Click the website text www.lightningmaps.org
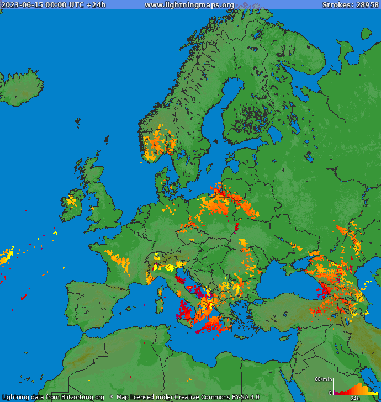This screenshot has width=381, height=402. coord(189,5)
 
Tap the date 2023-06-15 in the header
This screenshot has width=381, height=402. coord(20,5)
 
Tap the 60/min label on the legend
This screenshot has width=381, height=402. coord(324,379)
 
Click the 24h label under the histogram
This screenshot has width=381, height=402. coord(355,398)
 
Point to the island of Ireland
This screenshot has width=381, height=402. coord(70,204)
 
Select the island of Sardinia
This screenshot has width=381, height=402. coord(161,303)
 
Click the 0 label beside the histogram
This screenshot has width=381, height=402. coord(330,393)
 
